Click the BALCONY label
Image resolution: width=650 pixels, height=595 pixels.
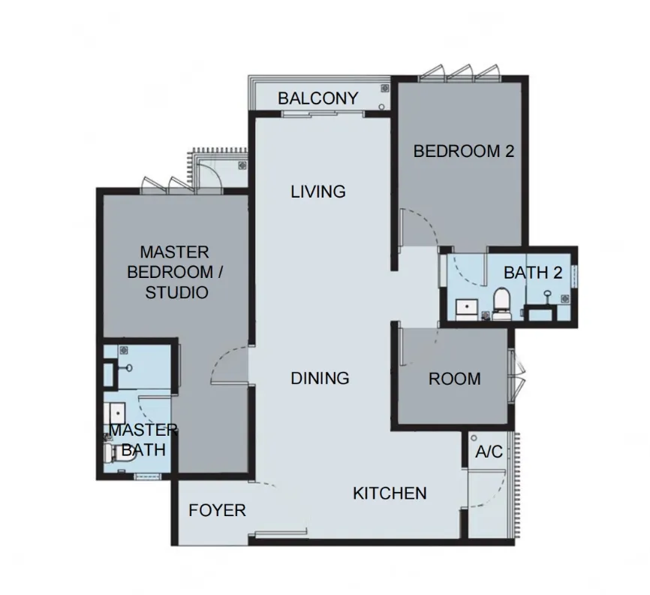pyautogui.click(x=318, y=98)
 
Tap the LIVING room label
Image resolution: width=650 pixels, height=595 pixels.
pyautogui.click(x=318, y=192)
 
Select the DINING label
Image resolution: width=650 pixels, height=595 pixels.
pyautogui.click(x=320, y=379)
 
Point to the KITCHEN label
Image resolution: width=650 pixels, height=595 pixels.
pyautogui.click(x=390, y=494)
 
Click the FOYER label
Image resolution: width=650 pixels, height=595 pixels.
pyautogui.click(x=217, y=510)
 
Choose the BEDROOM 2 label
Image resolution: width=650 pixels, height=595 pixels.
pyautogui.click(x=463, y=151)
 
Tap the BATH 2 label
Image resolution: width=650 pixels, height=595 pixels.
pyautogui.click(x=533, y=273)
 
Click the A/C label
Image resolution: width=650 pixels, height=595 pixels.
pyautogui.click(x=489, y=452)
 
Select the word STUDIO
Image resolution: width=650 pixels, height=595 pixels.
pyautogui.click(x=176, y=292)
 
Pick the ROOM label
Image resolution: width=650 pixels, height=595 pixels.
pyautogui.click(x=454, y=379)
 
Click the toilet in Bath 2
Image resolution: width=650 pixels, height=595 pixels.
pyautogui.click(x=501, y=304)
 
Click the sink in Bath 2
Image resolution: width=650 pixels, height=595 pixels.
pyautogui.click(x=467, y=309)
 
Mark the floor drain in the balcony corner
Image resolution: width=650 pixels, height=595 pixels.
pyautogui.click(x=385, y=89)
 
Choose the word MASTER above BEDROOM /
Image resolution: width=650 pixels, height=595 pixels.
pyautogui.click(x=175, y=252)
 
